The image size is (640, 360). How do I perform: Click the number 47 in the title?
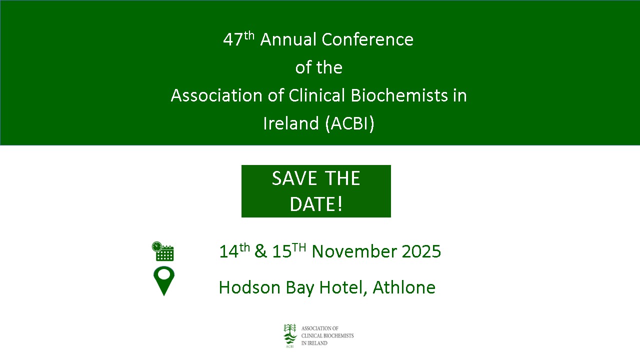pos(233,39)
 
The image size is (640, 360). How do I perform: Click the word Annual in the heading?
pos(288,39)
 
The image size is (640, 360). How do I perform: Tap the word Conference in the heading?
pos(367,39)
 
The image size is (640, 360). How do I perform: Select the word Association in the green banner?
pos(216,95)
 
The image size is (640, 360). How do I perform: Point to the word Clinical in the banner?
pos(317,95)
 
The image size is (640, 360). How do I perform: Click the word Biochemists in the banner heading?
pos(399,95)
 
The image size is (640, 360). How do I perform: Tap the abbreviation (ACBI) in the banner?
pos(349,123)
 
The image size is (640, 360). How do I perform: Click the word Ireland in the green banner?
pos(291,123)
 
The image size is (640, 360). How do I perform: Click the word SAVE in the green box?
pos(294,178)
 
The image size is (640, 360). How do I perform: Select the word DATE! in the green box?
pos(316,204)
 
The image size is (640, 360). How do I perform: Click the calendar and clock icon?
pos(163,251)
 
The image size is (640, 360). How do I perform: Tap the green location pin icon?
pos(164,281)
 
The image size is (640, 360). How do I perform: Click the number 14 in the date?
pos(229,251)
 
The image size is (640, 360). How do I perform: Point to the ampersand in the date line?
pos(260,251)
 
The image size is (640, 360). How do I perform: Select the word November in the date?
pos(354,251)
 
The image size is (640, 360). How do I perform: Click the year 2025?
pos(421,251)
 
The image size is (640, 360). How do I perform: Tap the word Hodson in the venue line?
pos(249,287)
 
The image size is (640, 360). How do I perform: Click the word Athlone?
pos(404,287)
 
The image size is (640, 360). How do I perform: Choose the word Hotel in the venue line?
pos(343,287)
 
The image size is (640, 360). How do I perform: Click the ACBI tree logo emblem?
pos(290,335)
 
